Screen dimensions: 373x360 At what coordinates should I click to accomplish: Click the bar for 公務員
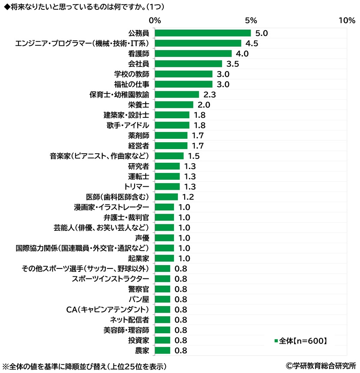pyautogui.click(x=202, y=33)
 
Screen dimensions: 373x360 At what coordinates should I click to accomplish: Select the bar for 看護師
pyautogui.click(x=193, y=54)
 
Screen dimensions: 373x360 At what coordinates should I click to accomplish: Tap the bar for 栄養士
pyautogui.click(x=174, y=104)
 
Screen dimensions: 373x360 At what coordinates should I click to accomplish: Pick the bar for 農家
pyautogui.click(x=162, y=351)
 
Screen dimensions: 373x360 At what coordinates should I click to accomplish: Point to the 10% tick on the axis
pyautogui.click(x=346, y=20)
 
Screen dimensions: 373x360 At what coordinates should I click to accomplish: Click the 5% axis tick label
pyautogui.click(x=251, y=20)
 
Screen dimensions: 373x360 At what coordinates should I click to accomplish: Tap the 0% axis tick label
pyautogui.click(x=154, y=20)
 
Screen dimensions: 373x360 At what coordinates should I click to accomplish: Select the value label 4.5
pyautogui.click(x=252, y=43)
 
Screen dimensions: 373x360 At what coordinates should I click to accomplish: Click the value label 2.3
pyautogui.click(x=210, y=95)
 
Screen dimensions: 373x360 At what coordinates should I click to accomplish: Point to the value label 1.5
pyautogui.click(x=194, y=156)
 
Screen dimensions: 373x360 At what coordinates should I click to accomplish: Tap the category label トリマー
pyautogui.click(x=136, y=187)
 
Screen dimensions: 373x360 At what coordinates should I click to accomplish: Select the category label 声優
pyautogui.click(x=142, y=238)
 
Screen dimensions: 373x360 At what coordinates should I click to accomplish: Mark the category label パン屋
pyautogui.click(x=138, y=299)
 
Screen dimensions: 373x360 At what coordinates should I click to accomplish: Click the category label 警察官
pyautogui.click(x=138, y=289)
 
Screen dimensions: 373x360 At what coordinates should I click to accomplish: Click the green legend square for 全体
pyautogui.click(x=276, y=341)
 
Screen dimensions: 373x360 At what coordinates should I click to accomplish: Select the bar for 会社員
pyautogui.click(x=188, y=64)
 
